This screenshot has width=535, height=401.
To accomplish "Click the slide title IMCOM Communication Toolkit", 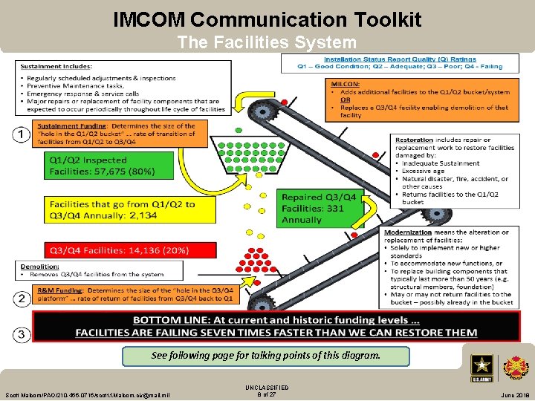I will (267, 19).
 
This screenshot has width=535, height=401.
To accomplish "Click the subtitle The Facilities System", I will (267, 43).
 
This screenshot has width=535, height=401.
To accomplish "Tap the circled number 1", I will (23, 134).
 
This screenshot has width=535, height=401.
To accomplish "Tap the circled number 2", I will (23, 299).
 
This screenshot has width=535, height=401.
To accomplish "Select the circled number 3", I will (23, 335).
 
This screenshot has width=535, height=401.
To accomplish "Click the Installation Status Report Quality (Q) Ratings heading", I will (400, 59).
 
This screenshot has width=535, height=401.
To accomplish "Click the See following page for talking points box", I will (265, 356).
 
